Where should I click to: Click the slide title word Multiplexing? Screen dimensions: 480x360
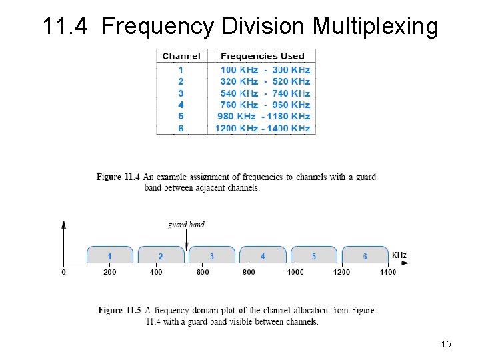(x=375, y=27)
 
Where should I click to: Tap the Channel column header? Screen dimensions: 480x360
(x=181, y=56)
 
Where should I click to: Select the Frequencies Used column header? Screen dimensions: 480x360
(x=262, y=56)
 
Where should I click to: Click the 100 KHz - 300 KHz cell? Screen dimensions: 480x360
(x=265, y=70)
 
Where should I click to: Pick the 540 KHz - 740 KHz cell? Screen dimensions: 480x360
(x=265, y=93)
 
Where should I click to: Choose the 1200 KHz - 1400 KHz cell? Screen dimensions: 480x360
(x=262, y=128)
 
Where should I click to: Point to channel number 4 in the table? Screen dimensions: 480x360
(x=181, y=105)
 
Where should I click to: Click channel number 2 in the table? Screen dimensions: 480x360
(x=181, y=81)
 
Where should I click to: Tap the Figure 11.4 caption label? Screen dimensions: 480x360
(x=118, y=177)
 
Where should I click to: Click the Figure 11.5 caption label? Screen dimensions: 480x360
(x=119, y=311)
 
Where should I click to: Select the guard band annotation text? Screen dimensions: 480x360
(x=186, y=225)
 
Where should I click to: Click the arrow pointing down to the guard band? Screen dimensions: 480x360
(x=187, y=240)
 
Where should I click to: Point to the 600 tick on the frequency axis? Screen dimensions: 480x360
(x=203, y=271)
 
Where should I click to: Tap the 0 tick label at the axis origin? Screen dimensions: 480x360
(x=63, y=271)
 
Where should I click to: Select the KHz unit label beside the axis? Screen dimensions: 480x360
(x=399, y=255)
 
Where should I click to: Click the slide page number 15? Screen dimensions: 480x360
(x=446, y=344)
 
